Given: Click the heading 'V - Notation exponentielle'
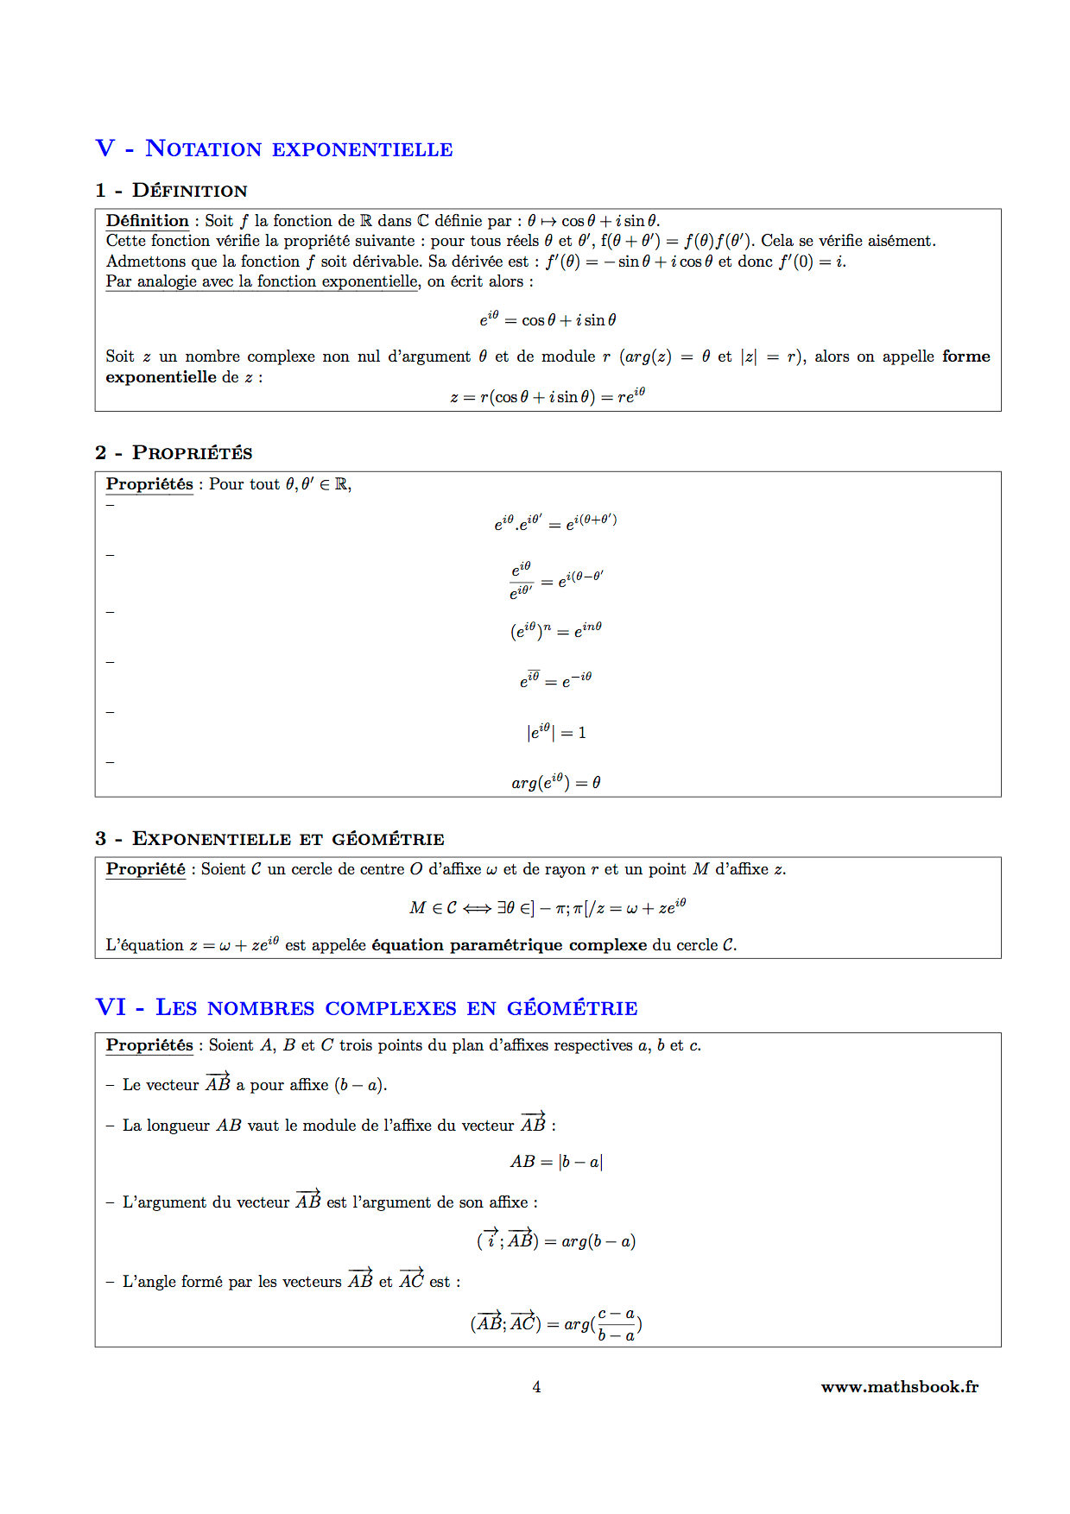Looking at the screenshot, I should pos(274,148).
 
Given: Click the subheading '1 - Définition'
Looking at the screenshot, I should pos(171,190).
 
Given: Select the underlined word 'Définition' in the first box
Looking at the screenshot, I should pos(147,221).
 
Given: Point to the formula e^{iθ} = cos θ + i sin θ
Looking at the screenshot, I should pos(548,319).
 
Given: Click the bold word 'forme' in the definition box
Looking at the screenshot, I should pos(966,356).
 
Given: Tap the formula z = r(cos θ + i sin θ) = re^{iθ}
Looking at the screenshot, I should pos(548,396).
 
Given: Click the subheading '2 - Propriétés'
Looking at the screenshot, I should pos(174,452).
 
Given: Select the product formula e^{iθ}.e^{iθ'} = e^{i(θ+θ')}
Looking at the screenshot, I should pos(554,522).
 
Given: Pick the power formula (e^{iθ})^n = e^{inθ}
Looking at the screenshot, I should pos(554,630).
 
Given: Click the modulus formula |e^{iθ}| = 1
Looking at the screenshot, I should pos(556,732).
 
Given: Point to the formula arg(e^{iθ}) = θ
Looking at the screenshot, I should pos(555,782).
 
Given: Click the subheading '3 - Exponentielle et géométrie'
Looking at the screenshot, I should pos(269,838).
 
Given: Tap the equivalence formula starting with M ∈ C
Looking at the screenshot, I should pos(548,907).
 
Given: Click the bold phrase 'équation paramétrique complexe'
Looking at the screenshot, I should pos(509,945).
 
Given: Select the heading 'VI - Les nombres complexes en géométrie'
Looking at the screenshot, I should pos(366,1007).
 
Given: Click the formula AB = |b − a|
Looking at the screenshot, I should pos(556,1162).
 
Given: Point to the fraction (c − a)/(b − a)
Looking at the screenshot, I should pos(616,1324).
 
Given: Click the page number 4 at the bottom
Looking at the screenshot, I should pos(536,1387).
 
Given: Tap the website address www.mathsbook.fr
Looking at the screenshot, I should pos(899,1387).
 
